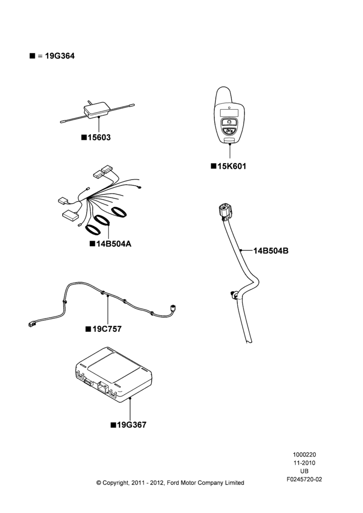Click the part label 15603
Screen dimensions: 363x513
point(99,137)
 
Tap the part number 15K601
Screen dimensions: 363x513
point(232,166)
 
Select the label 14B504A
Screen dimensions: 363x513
point(114,244)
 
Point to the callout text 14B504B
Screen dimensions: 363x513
point(271,251)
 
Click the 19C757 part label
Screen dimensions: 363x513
point(107,329)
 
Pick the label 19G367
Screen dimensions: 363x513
point(132,425)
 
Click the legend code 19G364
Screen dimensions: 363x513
point(60,56)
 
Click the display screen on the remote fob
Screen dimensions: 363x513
point(229,112)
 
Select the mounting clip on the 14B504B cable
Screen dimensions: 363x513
point(234,294)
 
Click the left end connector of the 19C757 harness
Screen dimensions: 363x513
point(31,324)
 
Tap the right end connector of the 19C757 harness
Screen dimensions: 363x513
point(173,307)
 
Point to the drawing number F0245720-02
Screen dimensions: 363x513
point(305,479)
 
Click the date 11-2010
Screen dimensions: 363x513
point(305,463)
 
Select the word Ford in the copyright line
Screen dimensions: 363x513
point(174,483)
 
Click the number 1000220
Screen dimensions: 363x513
point(305,455)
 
